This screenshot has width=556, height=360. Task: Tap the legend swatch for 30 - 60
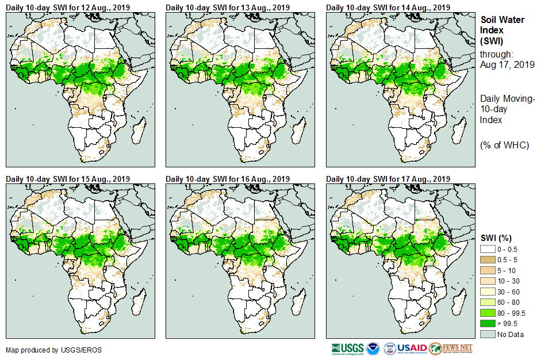[x=488, y=292]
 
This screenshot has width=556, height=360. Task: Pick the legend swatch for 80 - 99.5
[x=488, y=313]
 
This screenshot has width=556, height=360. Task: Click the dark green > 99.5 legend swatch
[x=488, y=324]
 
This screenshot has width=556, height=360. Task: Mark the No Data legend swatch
[x=488, y=334]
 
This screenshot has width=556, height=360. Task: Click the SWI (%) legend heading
[x=497, y=238]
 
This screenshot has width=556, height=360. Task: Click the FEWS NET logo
[x=451, y=348]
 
